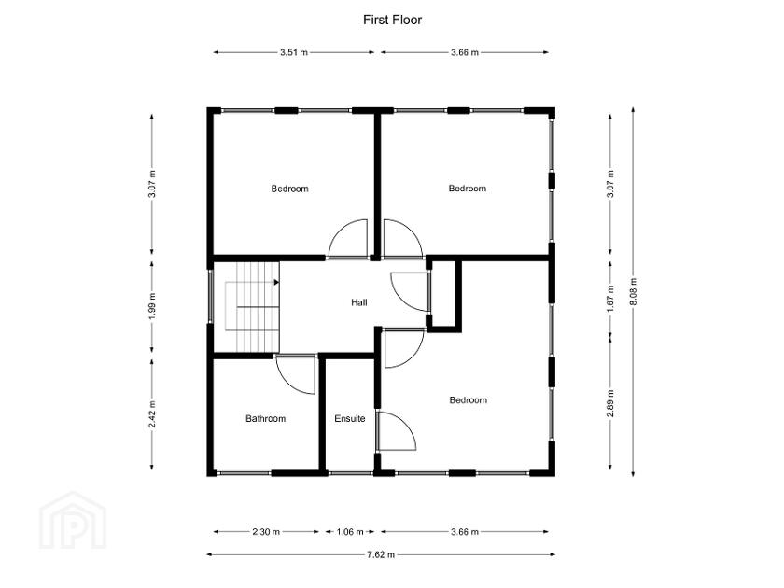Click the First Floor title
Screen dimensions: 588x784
pyautogui.click(x=392, y=20)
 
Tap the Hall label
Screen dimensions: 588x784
pyautogui.click(x=359, y=303)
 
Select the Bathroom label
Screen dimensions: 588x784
pyautogui.click(x=265, y=419)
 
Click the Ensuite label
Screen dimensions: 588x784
pyautogui.click(x=350, y=419)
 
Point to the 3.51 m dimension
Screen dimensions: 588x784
pyautogui.click(x=294, y=53)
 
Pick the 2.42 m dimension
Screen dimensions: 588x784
pyautogui.click(x=152, y=414)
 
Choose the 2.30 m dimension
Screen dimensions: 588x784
pyautogui.click(x=265, y=532)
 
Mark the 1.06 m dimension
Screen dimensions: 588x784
pyautogui.click(x=350, y=532)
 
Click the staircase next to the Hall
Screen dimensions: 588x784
pyautogui.click(x=247, y=308)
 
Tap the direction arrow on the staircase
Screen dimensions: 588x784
pyautogui.click(x=276, y=280)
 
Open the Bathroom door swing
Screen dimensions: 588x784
pyautogui.click(x=297, y=373)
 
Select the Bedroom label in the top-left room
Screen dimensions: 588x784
pyautogui.click(x=289, y=189)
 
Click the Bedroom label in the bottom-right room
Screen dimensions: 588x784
pyautogui.click(x=468, y=400)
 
